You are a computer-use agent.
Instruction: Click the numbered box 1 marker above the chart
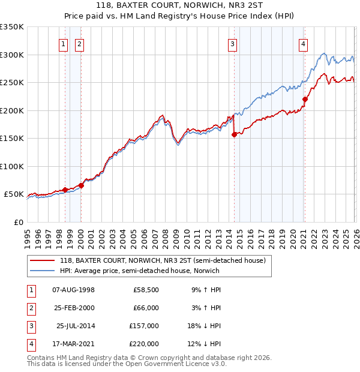[x=64, y=43]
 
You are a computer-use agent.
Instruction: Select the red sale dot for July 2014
[x=234, y=135]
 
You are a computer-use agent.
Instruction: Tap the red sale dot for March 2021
[x=305, y=100]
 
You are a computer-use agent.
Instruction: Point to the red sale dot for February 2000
[x=81, y=185]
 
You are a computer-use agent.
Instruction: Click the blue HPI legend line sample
[x=43, y=271]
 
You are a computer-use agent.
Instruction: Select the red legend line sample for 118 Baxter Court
[x=43, y=260]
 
